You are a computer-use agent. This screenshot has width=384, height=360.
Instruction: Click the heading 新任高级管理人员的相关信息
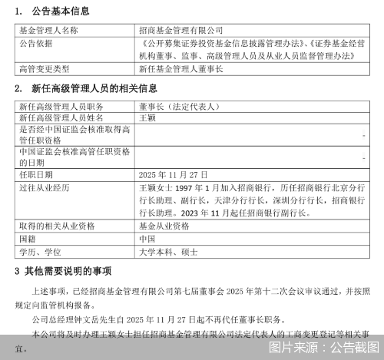coord(96,88)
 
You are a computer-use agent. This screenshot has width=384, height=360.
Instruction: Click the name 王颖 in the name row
coord(146,118)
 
